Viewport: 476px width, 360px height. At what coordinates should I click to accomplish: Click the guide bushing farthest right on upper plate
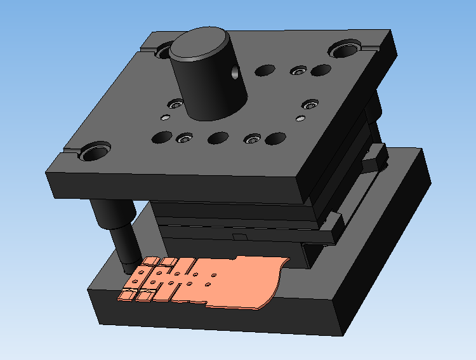point(345,48)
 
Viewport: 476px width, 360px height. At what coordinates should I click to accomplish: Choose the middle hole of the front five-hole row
point(218,138)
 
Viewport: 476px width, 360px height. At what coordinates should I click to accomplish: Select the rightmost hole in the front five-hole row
point(275,138)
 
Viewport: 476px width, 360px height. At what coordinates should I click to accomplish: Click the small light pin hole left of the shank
point(166,117)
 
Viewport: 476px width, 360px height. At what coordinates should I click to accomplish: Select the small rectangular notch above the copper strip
point(239,237)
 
